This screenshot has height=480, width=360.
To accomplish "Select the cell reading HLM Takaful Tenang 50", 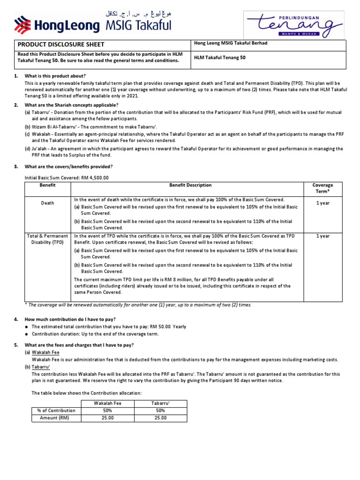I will click(219, 58).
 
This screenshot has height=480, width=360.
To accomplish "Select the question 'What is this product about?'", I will click(55, 76).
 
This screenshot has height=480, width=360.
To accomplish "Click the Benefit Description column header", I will click(190, 185).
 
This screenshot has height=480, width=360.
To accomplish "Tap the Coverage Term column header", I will click(322, 188).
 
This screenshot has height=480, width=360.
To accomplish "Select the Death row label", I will click(47, 203).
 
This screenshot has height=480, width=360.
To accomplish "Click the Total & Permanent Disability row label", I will click(47, 239).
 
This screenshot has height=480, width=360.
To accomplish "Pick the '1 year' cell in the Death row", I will click(322, 203).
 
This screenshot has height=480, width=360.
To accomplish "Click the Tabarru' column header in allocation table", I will click(161, 403).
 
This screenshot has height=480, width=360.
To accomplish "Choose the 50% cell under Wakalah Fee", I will click(107, 411).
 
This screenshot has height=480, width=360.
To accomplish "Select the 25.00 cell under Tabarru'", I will click(161, 418).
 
